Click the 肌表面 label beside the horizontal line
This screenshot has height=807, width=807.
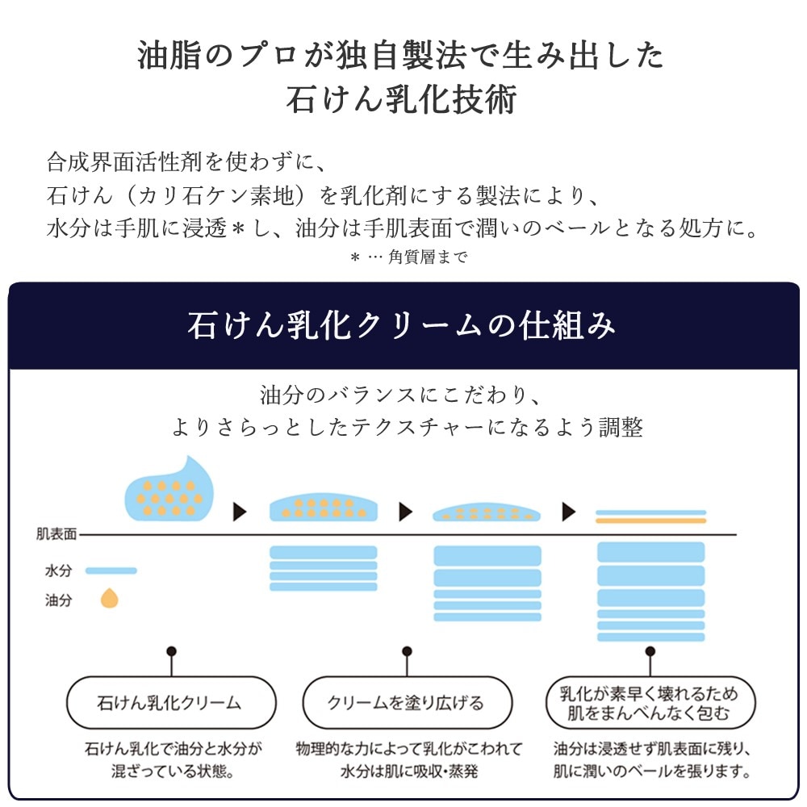click(x=56, y=534)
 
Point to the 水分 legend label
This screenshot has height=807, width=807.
click(x=58, y=571)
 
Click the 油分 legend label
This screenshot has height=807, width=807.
click(x=58, y=600)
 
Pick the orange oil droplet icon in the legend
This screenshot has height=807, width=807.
click(x=109, y=599)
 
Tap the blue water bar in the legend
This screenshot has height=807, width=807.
click(x=111, y=571)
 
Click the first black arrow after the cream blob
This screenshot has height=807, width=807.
click(x=240, y=512)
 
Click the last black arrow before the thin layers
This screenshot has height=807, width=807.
click(x=569, y=512)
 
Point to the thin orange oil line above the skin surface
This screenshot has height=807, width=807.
click(x=650, y=521)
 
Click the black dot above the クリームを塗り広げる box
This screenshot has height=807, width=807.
click(x=407, y=651)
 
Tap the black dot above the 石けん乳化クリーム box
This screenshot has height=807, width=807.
click(x=171, y=651)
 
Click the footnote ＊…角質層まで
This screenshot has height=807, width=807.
click(x=408, y=257)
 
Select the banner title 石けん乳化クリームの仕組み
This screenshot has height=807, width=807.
click(x=401, y=325)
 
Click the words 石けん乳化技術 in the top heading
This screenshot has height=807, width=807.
click(x=401, y=98)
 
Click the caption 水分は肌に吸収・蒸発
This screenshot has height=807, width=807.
click(x=409, y=771)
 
